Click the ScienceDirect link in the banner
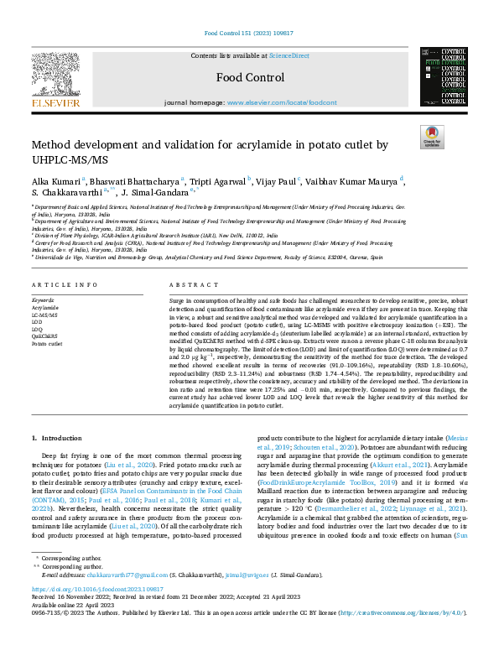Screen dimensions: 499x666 point(289,55)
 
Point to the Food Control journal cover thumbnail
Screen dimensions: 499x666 point(444,76)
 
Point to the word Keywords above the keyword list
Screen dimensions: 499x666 point(44,299)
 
